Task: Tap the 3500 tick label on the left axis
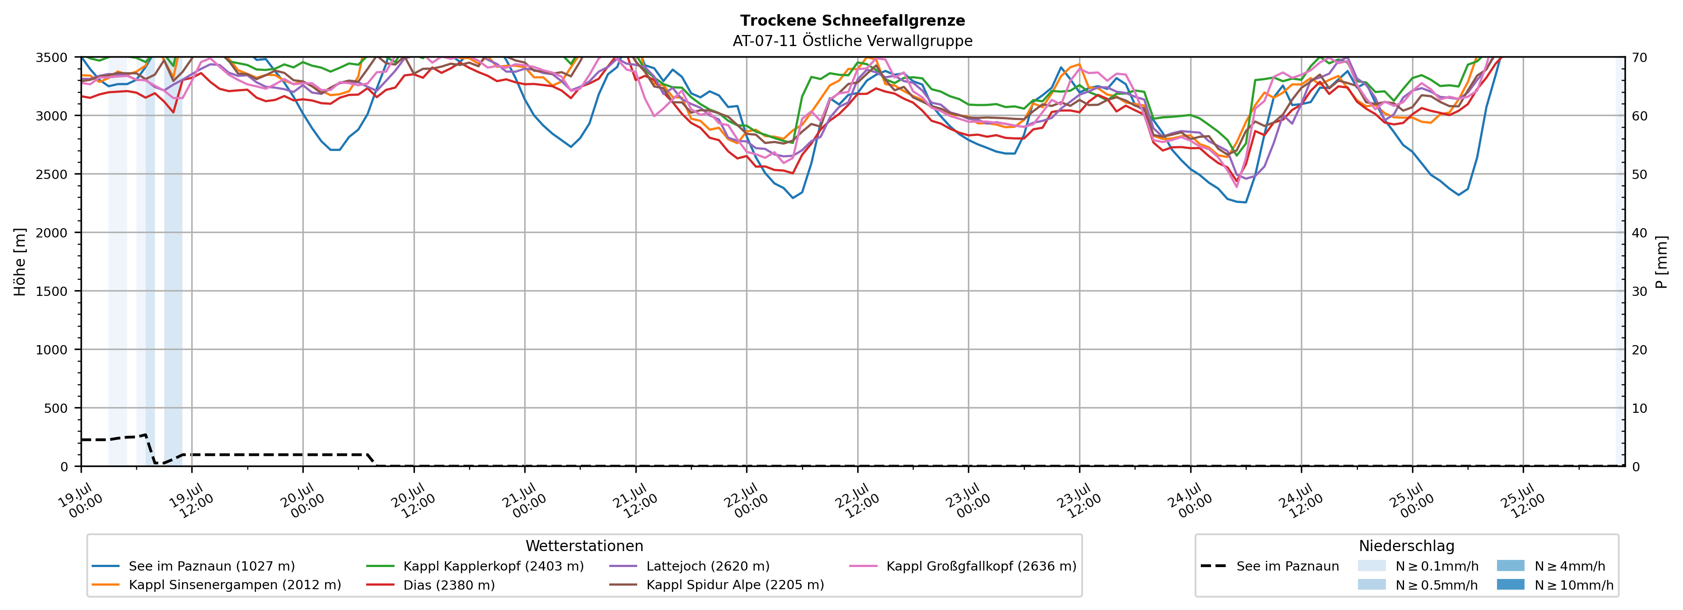(52, 58)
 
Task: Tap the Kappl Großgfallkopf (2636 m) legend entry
(963, 566)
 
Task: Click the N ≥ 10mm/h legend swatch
(1510, 584)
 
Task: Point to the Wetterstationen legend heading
(584, 546)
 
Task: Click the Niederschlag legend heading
(1407, 546)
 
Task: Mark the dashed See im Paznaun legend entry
(1270, 566)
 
